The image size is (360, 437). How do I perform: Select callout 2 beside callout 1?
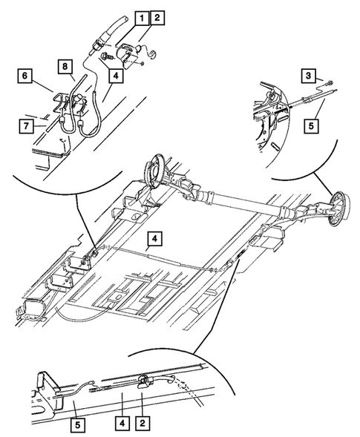coord(157,16)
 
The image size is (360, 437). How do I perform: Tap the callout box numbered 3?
coord(308,74)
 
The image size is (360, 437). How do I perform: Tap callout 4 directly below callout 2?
coord(114,74)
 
